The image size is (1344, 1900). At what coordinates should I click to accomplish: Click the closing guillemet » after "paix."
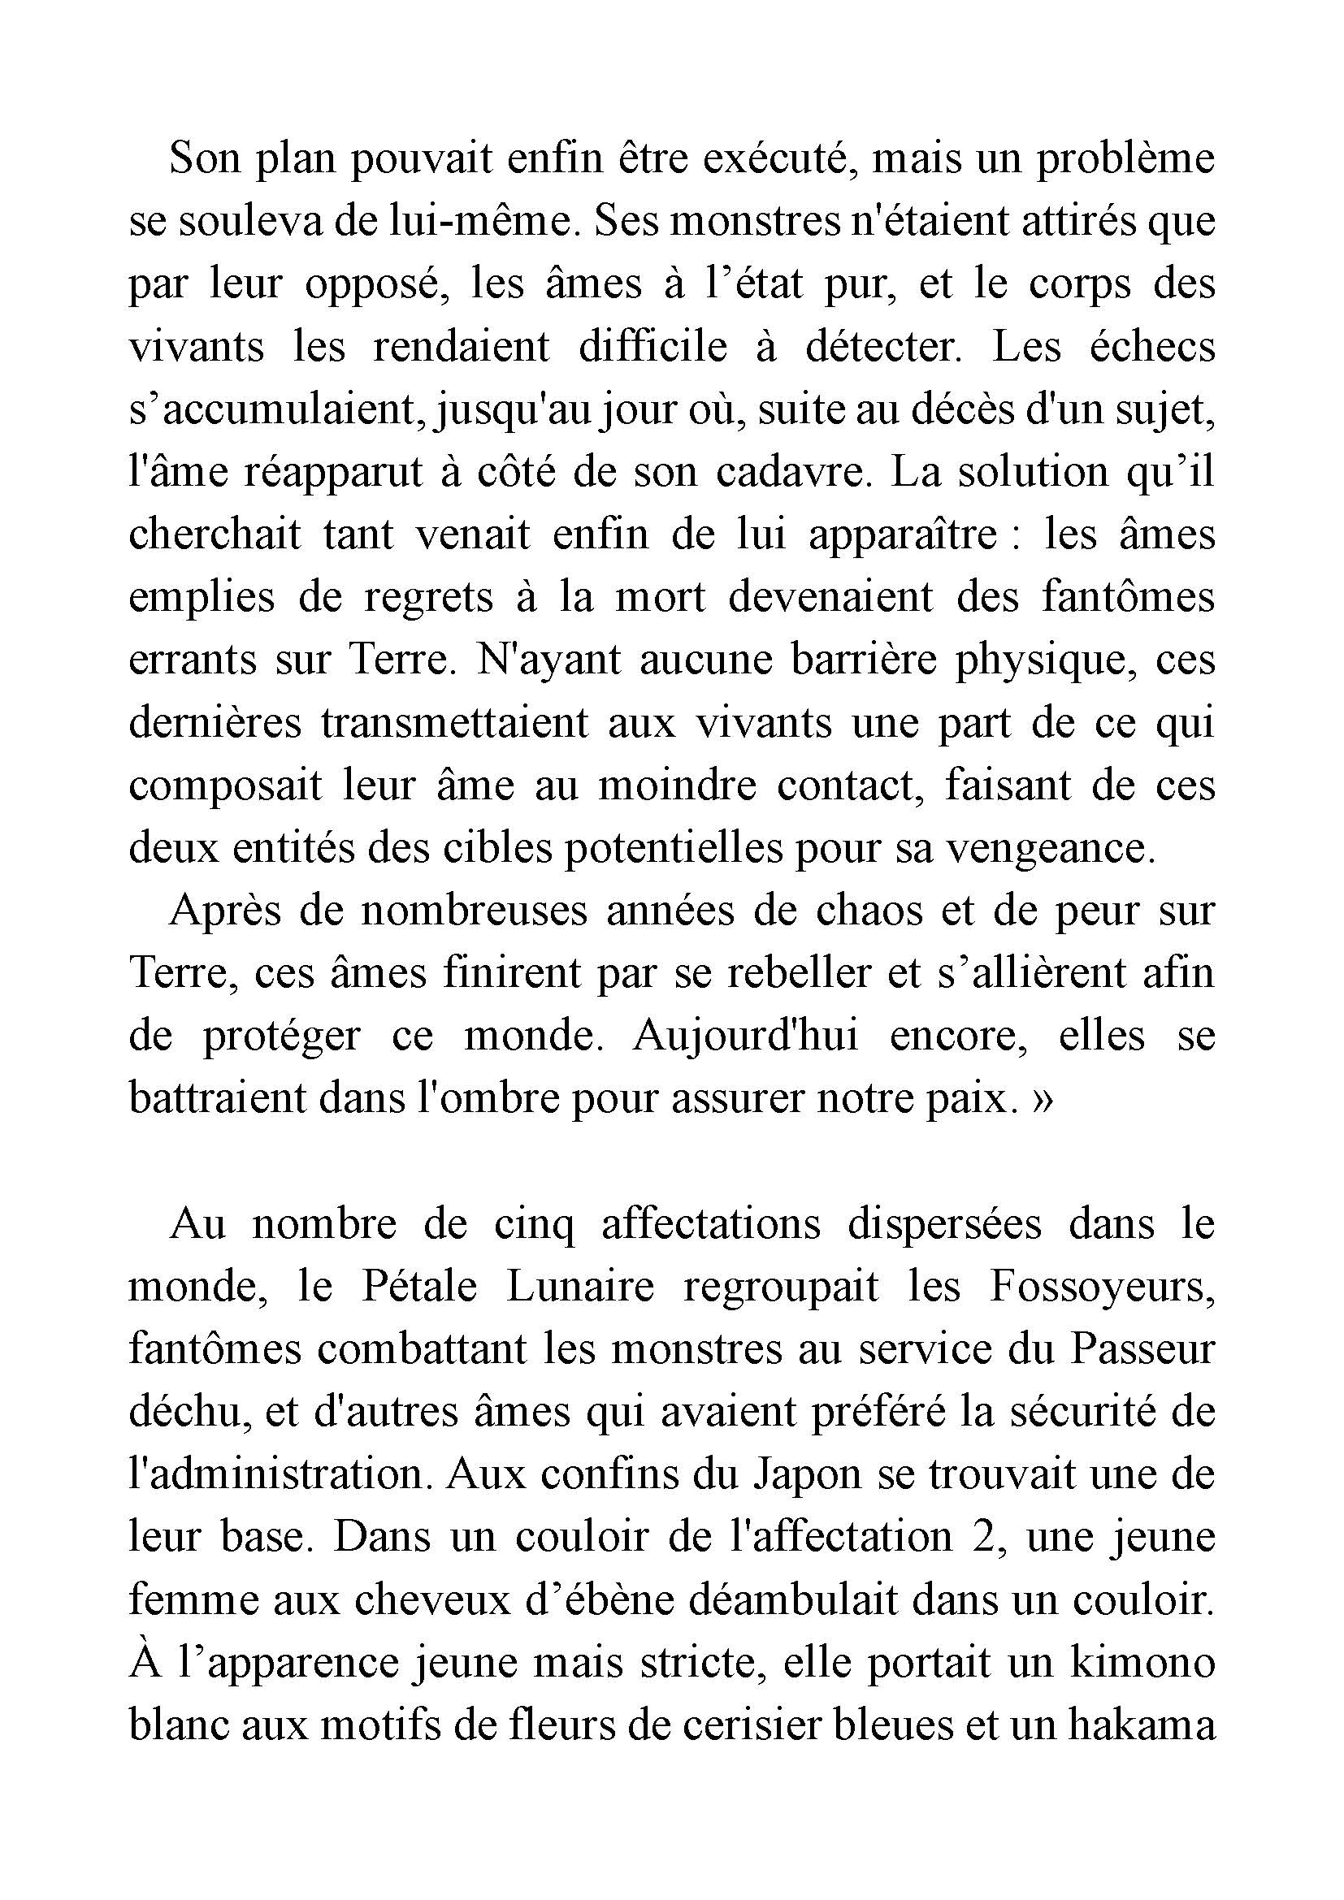pos(1043,1100)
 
